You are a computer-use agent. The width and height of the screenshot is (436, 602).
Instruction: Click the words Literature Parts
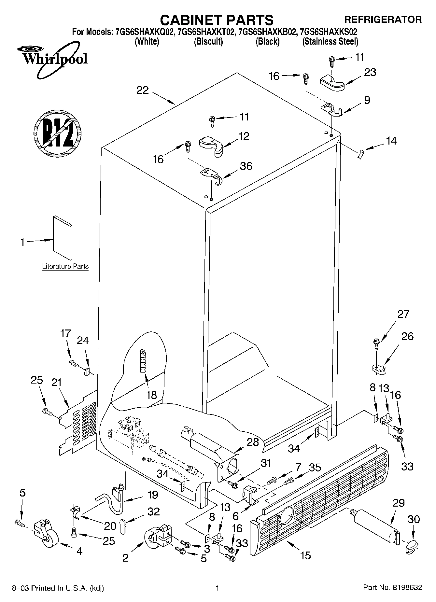65,266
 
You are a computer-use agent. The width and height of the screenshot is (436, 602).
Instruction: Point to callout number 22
142,90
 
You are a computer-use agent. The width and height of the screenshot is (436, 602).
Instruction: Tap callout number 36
246,166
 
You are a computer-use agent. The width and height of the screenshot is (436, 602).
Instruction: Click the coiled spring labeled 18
143,361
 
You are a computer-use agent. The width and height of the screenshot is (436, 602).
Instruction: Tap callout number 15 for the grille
305,555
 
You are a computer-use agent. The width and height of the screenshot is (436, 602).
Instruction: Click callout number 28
253,442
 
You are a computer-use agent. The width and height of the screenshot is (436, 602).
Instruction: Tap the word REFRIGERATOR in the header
383,20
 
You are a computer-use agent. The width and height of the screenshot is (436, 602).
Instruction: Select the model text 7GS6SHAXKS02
329,32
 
